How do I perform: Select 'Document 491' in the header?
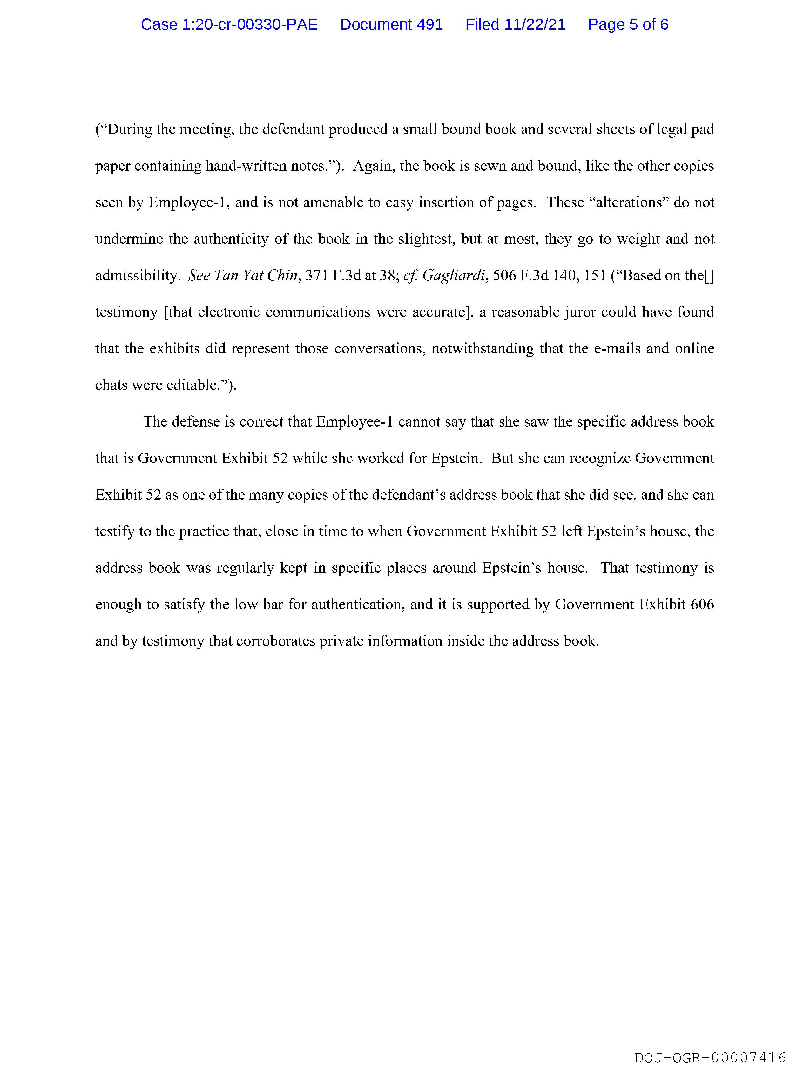coord(391,24)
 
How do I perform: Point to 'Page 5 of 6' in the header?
coord(628,24)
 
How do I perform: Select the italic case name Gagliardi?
coord(454,276)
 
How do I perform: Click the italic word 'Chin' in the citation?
coord(282,276)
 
